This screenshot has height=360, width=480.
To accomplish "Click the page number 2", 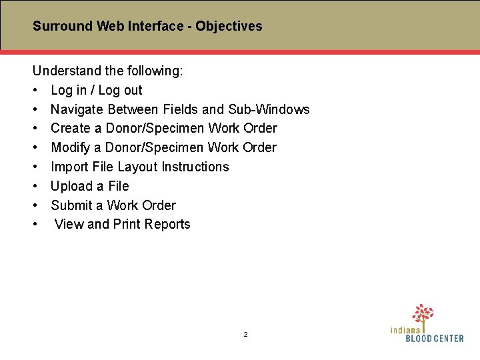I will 245,334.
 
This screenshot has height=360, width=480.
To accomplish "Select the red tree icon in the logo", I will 423,314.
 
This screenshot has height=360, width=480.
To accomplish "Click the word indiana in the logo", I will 406,329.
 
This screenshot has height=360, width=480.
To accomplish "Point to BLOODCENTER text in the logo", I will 435,339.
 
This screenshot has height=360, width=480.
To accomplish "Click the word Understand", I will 64,71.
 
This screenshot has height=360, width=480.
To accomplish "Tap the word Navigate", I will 77,109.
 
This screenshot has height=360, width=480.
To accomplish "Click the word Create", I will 70,128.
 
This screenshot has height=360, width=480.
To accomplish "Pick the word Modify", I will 70,147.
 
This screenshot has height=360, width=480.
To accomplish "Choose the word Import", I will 70,167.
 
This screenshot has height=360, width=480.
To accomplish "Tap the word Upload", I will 71,186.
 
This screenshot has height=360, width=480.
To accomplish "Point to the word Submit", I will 71,205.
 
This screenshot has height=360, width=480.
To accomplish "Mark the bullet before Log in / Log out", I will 34,91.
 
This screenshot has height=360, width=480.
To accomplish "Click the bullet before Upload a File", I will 34,187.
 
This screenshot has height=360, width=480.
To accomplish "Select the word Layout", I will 137,167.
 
